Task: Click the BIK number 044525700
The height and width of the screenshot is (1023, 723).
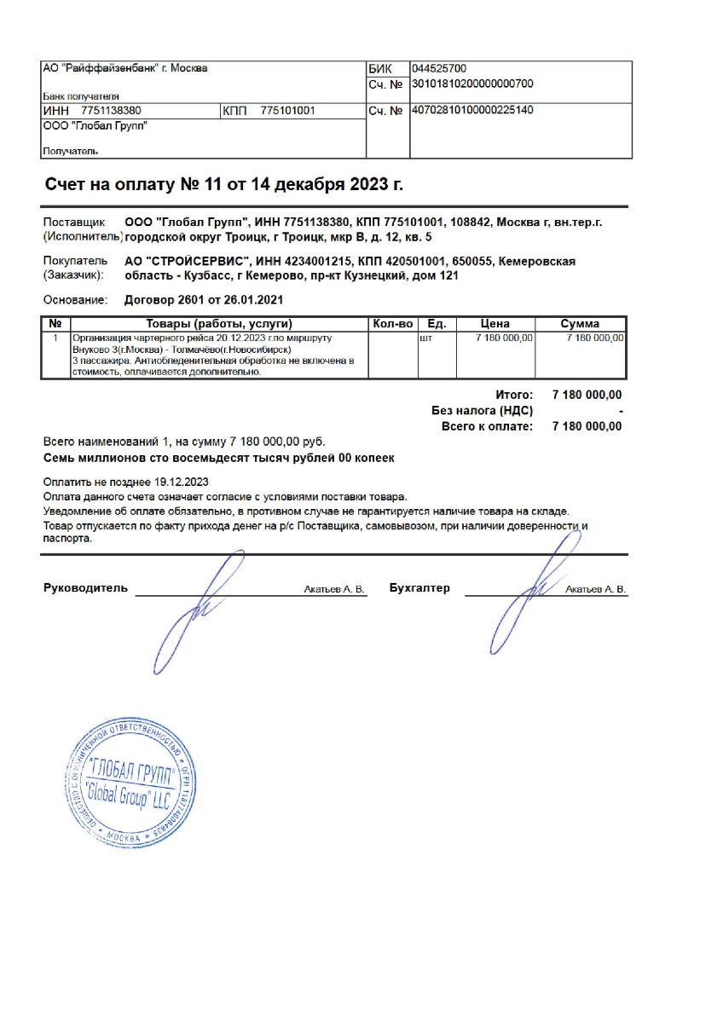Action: (438, 69)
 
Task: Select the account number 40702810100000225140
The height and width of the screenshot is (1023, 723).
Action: (472, 111)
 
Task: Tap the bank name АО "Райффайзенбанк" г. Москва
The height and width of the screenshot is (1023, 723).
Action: (124, 68)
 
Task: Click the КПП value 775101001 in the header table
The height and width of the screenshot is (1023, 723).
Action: (287, 111)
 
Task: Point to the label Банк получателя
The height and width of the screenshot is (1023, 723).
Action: (81, 97)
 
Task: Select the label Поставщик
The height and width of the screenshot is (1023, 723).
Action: (74, 223)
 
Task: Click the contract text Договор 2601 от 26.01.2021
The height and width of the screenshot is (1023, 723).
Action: (204, 300)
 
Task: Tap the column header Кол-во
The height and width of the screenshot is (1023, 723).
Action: (392, 324)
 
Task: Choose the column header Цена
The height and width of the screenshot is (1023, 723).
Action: (495, 324)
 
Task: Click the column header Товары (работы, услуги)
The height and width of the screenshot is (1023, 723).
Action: (219, 324)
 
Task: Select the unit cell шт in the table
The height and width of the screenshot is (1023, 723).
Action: (427, 338)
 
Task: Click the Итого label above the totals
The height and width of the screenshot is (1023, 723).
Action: (514, 395)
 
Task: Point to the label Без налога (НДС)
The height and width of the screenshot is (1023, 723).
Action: (483, 411)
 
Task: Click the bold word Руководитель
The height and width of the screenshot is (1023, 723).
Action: (85, 588)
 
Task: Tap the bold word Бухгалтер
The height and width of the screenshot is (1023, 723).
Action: (419, 588)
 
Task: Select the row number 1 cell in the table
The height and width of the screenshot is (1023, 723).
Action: (55, 338)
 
